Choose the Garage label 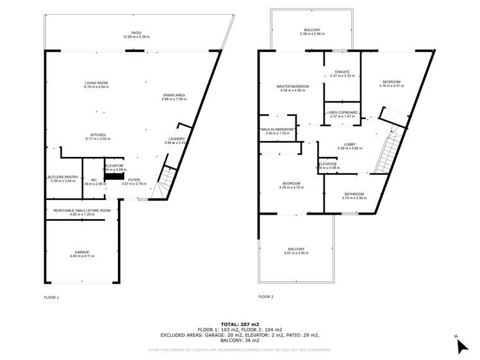coord(81,254)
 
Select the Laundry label coord(177,140)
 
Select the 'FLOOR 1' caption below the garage coord(51,297)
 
